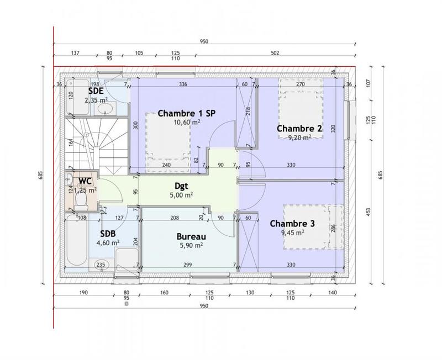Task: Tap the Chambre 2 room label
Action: (x=299, y=128)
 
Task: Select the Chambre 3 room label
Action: (x=292, y=224)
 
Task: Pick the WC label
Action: (x=85, y=181)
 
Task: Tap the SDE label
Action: (x=96, y=91)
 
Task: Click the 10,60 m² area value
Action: (x=187, y=122)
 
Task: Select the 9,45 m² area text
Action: (x=293, y=233)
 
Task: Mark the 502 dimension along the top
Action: (x=275, y=53)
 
